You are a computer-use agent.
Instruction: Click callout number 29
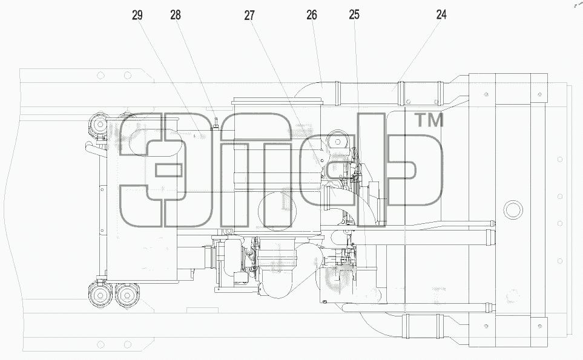(137, 15)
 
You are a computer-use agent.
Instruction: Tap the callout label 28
(176, 15)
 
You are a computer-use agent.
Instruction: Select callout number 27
(249, 15)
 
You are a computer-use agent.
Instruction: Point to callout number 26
(312, 15)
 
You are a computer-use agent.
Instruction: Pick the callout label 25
(354, 15)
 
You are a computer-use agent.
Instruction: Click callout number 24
(441, 15)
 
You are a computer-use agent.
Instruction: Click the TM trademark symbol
(429, 120)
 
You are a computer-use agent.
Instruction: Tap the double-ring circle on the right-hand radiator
(513, 210)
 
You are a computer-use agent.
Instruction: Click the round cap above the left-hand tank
(99, 124)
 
